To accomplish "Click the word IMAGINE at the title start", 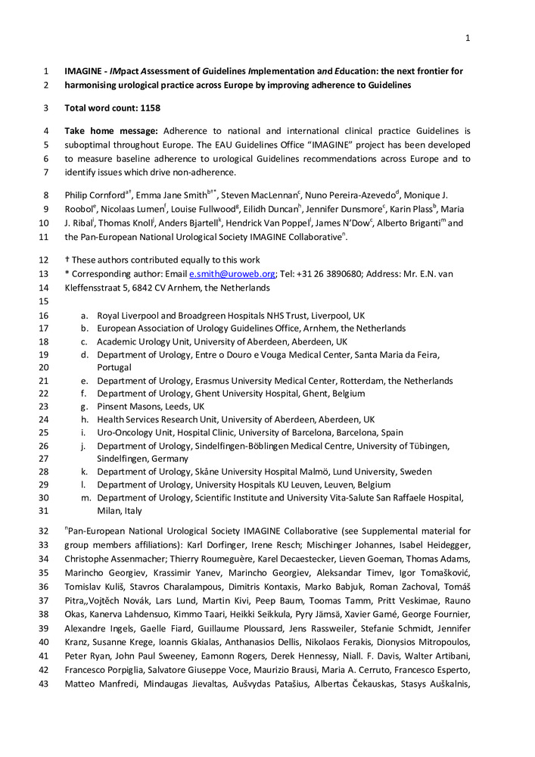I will (x=86, y=71).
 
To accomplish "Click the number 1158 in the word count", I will (x=149, y=108).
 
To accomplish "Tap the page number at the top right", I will (x=468, y=39).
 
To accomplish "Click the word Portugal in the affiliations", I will (x=114, y=367).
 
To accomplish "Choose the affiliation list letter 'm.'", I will (x=86, y=497).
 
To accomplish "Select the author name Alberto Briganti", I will (x=407, y=223).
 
